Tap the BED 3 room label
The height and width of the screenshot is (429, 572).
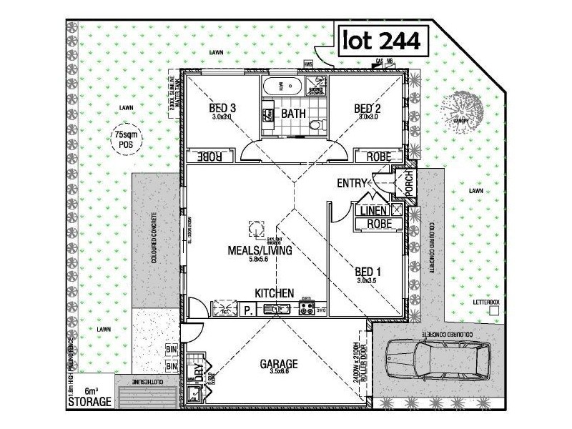[x=222, y=109]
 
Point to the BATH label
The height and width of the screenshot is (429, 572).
[x=292, y=114]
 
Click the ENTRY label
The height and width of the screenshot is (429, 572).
[x=352, y=184]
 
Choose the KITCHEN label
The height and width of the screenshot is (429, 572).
[x=275, y=293]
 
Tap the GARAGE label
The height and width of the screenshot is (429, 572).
[x=278, y=363]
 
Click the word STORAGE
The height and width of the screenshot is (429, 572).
[x=89, y=402]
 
